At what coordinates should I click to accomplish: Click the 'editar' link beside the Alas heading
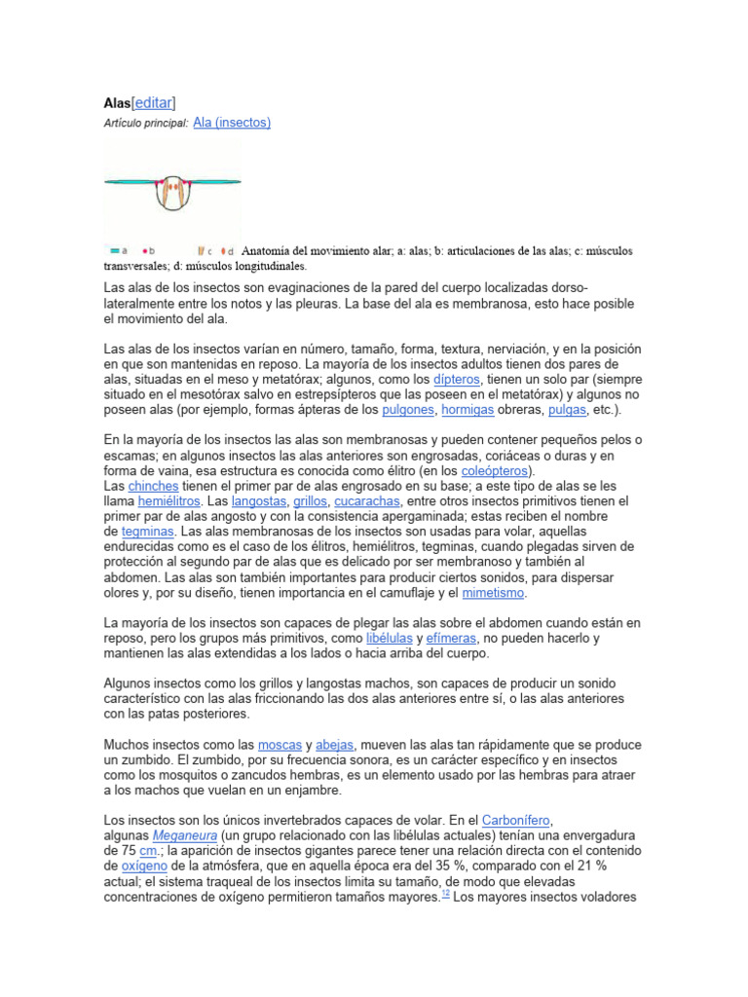click(154, 102)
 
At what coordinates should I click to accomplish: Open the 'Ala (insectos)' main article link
click(232, 123)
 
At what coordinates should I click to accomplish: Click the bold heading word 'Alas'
click(117, 102)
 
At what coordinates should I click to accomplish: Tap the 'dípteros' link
click(461, 380)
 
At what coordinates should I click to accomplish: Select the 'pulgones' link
click(408, 411)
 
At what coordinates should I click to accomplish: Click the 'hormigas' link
click(467, 411)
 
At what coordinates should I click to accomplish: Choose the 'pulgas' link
click(566, 411)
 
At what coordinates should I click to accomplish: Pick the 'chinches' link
click(153, 485)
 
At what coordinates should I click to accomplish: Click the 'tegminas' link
click(147, 532)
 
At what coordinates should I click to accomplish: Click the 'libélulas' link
click(388, 638)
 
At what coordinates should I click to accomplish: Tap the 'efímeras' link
click(450, 638)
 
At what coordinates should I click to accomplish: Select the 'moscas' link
click(279, 745)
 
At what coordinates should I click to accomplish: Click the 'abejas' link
click(334, 745)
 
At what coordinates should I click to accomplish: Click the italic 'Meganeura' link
click(183, 836)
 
